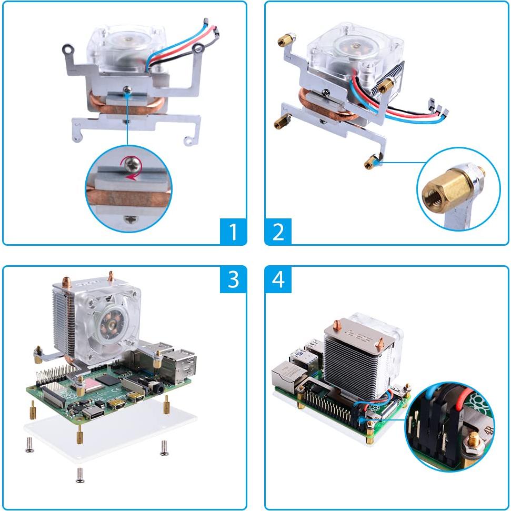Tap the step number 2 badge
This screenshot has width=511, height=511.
pyautogui.click(x=278, y=232)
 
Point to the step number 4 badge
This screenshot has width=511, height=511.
pyautogui.click(x=278, y=279)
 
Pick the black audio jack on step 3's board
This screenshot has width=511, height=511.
pyautogui.click(x=156, y=388)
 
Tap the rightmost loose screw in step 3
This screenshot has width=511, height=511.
pyautogui.click(x=164, y=447)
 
